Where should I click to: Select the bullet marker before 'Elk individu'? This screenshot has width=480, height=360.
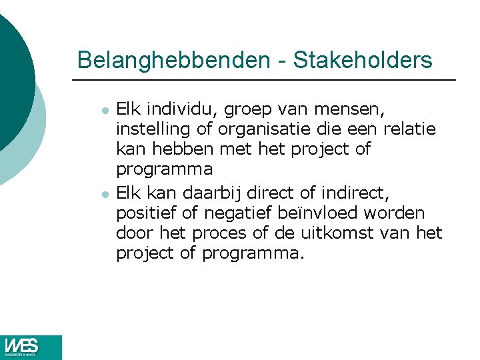(105, 109)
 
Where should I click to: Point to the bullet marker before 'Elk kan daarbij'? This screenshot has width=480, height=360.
(105, 195)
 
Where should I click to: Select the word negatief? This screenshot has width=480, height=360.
(234, 214)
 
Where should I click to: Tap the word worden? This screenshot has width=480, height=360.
(400, 213)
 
